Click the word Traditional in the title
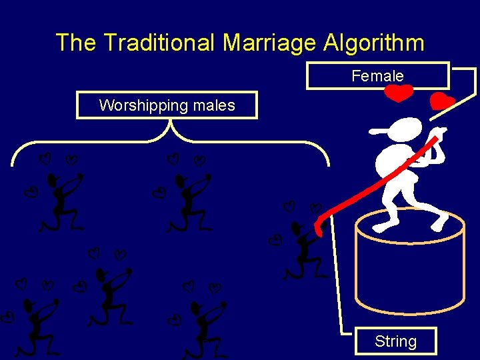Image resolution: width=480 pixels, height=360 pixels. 159,43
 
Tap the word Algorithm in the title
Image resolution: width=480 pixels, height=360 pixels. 374,43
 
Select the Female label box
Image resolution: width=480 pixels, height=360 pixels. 377,75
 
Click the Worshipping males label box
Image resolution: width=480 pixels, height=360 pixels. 167,105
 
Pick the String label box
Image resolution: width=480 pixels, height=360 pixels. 395,341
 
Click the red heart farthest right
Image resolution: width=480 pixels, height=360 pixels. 442,102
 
